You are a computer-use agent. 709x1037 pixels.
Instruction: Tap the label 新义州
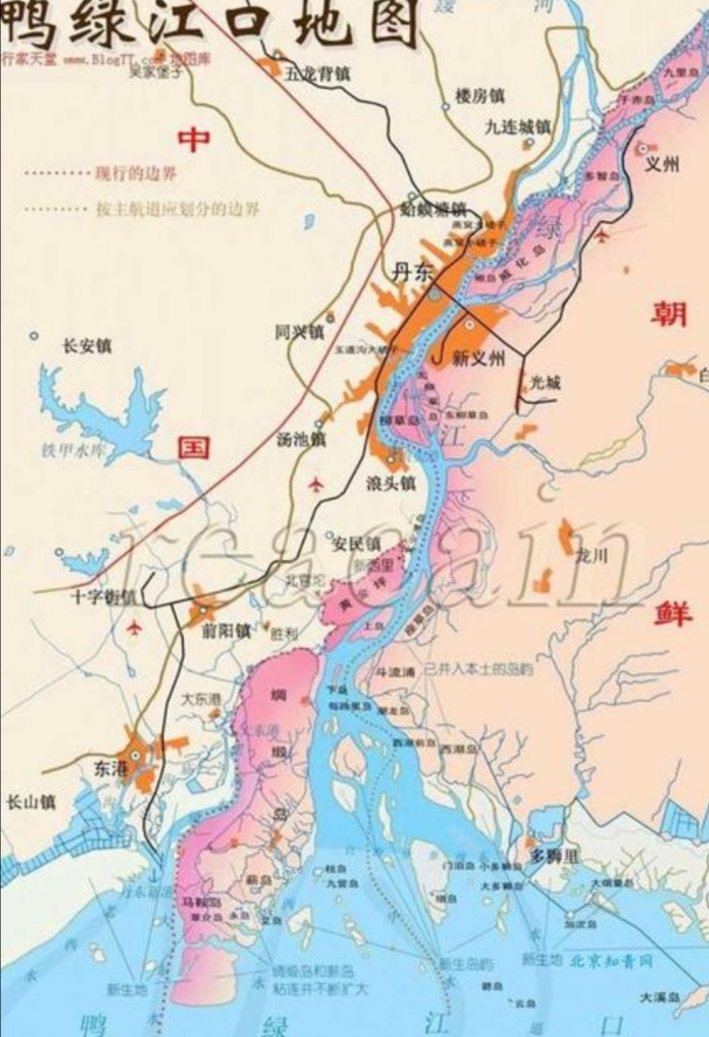click(x=478, y=359)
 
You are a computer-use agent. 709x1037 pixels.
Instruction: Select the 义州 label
click(x=663, y=165)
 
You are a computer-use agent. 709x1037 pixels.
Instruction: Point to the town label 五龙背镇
click(x=316, y=71)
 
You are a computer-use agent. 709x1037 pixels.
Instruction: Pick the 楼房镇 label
click(x=479, y=96)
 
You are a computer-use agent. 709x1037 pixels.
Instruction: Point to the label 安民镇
click(x=355, y=543)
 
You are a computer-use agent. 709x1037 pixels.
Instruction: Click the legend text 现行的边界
click(x=135, y=174)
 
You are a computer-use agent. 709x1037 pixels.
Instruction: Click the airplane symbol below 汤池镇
click(x=316, y=484)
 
